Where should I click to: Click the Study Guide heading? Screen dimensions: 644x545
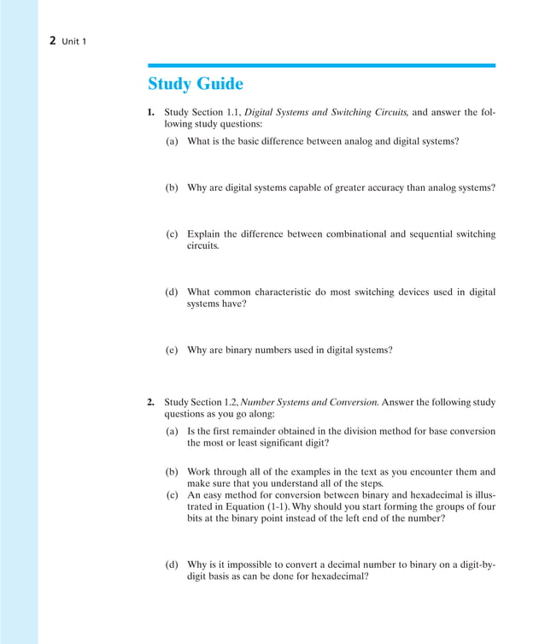point(195,84)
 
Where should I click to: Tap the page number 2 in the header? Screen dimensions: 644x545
point(53,40)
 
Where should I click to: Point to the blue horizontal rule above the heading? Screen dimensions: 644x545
point(321,65)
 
